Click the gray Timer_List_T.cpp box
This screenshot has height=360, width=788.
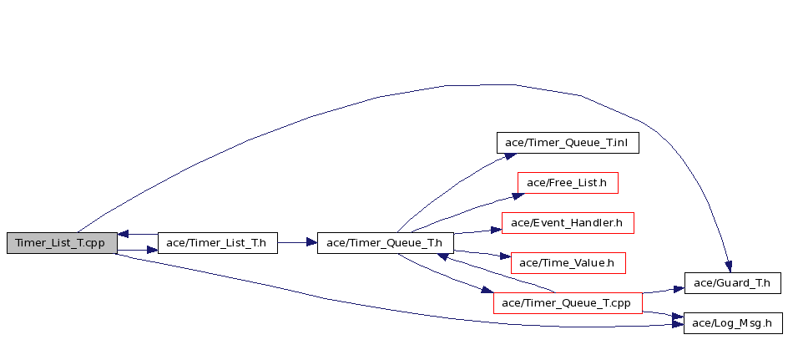[62, 243]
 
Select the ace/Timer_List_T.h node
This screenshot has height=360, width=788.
[218, 243]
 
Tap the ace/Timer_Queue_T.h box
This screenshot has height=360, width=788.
[386, 243]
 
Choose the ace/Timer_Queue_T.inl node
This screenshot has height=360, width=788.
[568, 143]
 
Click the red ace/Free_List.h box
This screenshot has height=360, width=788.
[568, 183]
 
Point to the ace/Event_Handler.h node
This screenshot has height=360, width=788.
[568, 223]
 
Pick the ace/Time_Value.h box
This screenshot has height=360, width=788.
[568, 263]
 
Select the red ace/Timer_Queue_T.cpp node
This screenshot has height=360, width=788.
[568, 303]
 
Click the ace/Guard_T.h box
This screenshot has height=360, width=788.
[733, 283]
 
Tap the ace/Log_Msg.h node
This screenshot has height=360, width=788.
[733, 323]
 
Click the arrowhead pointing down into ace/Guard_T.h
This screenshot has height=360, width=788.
[728, 266]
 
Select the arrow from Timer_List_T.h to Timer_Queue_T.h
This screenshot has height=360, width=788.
[297, 242]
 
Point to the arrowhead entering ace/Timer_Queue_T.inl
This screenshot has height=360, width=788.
[510, 156]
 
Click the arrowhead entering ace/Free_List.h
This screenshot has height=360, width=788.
[518, 196]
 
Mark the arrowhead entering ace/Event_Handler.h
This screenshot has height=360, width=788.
[496, 230]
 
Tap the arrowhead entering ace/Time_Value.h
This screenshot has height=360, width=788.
[505, 256]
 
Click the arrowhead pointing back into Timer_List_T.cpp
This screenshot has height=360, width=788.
[124, 235]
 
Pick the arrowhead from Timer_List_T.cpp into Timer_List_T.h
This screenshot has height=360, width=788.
[152, 250]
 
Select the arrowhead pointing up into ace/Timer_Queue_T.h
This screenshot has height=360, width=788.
[442, 257]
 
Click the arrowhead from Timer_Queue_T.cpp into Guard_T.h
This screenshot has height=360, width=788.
[679, 289]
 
